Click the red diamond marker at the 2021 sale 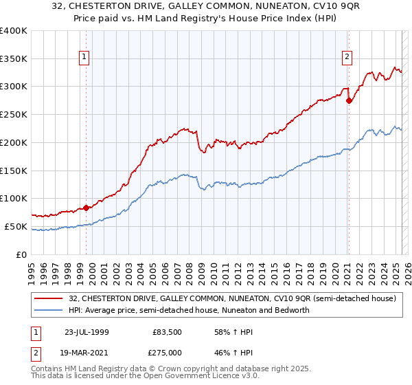349,100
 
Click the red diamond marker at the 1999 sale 87,208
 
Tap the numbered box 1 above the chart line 84,58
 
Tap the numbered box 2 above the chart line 347,58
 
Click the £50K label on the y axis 16,226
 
